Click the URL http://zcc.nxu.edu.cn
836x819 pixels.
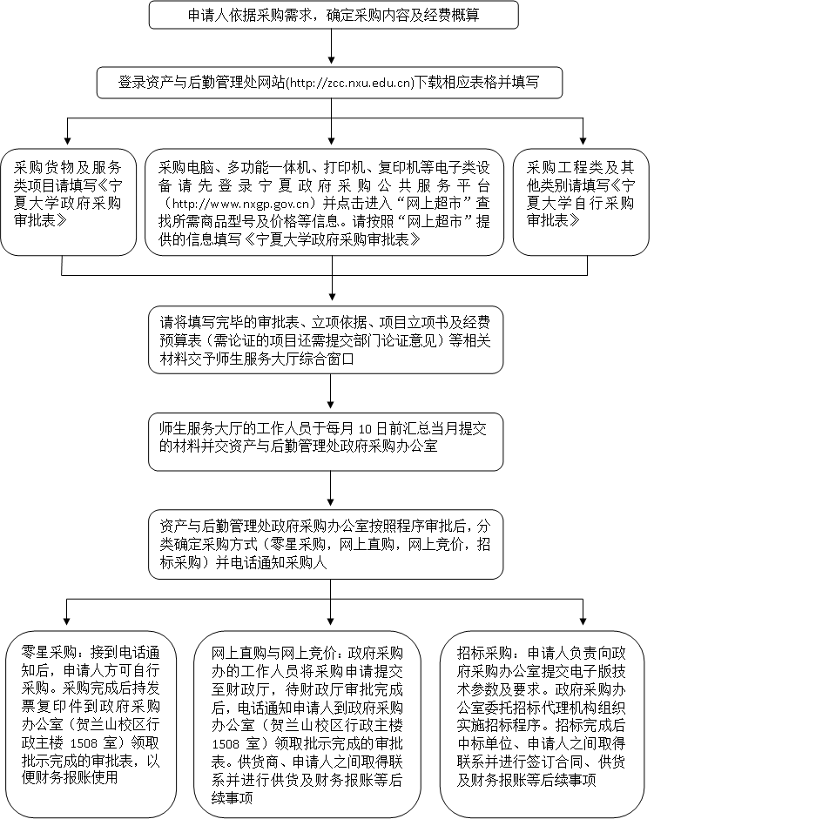351,84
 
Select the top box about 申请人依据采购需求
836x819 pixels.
334,15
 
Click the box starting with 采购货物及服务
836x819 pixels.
68,202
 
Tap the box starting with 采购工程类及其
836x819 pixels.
581,202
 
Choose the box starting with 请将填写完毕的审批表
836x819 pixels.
326,340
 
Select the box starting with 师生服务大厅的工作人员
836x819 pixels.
326,442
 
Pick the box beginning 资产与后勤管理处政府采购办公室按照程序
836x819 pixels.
326,545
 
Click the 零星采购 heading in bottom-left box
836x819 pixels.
49,652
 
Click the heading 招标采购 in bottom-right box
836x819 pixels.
484,654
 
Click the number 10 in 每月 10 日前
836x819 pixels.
364,429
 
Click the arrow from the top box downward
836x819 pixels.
331,46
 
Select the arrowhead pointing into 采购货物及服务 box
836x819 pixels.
67,141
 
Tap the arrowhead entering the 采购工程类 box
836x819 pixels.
583,141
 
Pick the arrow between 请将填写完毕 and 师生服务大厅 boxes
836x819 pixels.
331,392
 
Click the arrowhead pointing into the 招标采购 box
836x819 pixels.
583,621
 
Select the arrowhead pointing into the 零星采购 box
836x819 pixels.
67,621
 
